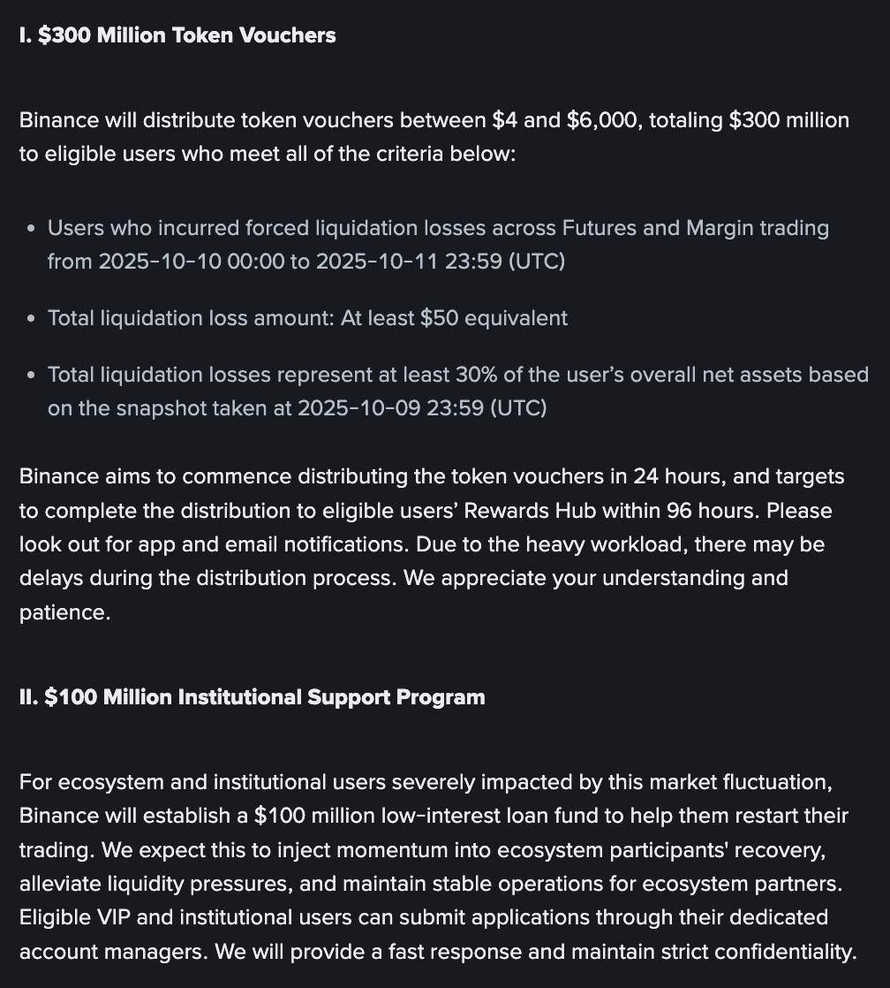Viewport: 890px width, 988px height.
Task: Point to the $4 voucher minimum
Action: [504, 120]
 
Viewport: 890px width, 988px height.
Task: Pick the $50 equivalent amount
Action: [440, 318]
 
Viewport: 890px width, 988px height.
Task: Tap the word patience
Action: [64, 612]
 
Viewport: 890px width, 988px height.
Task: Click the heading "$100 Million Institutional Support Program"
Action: [252, 697]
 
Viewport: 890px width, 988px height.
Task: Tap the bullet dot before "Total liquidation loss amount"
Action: [31, 319]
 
